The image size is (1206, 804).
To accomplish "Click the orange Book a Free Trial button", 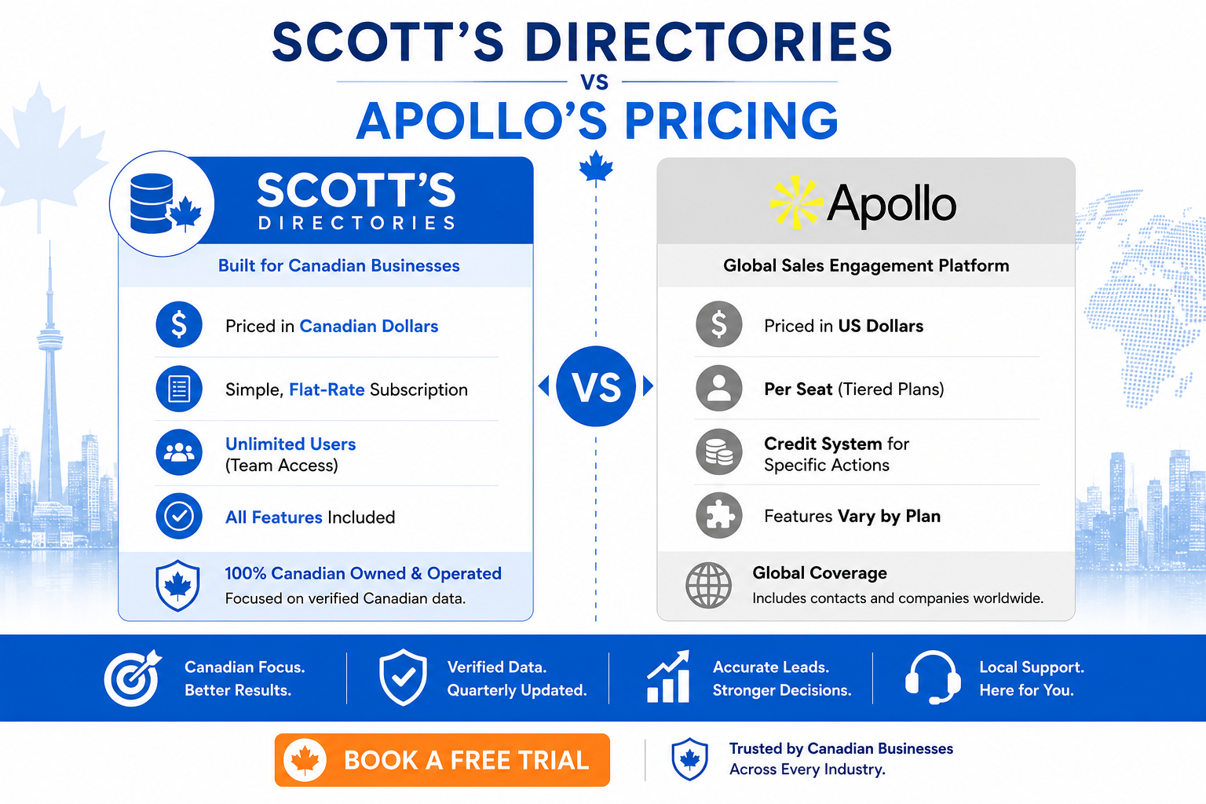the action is [x=442, y=760].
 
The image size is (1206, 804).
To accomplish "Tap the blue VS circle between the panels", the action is [x=595, y=386].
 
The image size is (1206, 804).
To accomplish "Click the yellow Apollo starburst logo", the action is [x=795, y=203].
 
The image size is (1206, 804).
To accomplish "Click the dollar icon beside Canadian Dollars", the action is [x=179, y=325].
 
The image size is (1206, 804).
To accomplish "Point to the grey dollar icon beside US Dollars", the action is [x=718, y=324].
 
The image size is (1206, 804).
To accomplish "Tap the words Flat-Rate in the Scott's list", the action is [x=327, y=389].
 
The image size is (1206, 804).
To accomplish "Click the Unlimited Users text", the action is [x=291, y=444].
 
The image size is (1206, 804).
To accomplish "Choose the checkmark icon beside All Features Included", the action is [x=179, y=516].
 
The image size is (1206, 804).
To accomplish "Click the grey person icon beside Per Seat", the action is [x=718, y=389].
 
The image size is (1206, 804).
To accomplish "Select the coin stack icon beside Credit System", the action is [x=718, y=451].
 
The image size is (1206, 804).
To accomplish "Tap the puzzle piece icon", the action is [x=718, y=515].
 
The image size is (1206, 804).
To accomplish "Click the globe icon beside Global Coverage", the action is [x=708, y=586].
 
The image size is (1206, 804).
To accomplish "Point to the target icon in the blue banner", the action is [x=133, y=678].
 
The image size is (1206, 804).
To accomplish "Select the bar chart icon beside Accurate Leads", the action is [x=668, y=676].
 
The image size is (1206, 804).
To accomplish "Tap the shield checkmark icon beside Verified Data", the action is [x=403, y=678].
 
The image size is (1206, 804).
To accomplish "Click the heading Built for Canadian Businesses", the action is [x=338, y=265].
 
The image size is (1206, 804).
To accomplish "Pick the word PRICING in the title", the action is [x=731, y=120].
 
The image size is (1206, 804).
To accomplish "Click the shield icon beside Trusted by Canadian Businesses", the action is [x=689, y=759].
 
